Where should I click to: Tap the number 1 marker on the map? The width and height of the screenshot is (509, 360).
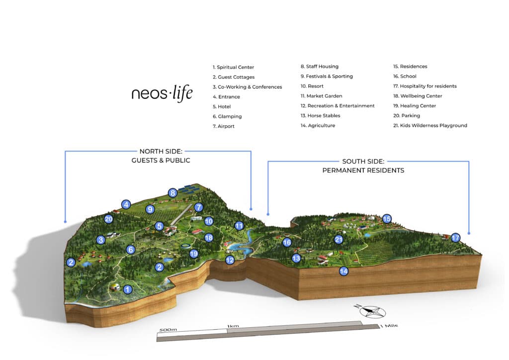point(128,288)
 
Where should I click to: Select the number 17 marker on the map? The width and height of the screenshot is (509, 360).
point(455,238)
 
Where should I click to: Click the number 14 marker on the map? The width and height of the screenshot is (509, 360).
point(343,271)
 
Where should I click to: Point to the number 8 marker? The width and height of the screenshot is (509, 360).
point(172,193)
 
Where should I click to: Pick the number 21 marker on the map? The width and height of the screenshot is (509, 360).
point(339,239)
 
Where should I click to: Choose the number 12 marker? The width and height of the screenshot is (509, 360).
point(230,260)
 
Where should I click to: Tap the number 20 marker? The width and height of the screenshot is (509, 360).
point(109,219)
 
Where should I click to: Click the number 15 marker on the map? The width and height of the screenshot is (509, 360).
point(387,218)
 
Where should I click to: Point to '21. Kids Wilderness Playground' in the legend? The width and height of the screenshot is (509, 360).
point(430,126)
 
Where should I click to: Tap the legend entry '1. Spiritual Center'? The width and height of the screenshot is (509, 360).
point(233,67)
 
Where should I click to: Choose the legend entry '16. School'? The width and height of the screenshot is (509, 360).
point(405,77)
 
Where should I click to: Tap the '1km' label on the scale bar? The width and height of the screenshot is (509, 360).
point(233,326)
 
